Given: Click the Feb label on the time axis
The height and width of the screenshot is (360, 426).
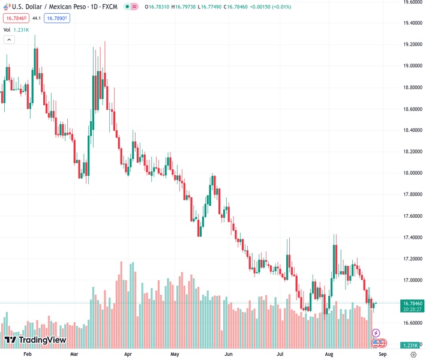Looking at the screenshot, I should pos(27,355).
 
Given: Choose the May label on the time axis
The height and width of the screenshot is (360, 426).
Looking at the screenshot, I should pos(175,355).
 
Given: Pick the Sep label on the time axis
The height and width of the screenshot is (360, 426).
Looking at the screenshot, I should pos(382,355).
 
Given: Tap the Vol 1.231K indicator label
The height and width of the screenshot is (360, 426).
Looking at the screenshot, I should pos(16,29).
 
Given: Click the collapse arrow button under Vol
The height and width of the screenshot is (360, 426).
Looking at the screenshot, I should pos(8,40).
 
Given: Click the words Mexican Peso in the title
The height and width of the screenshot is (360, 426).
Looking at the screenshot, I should pos(75,7).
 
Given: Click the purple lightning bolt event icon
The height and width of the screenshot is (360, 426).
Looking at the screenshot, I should pos(376,333).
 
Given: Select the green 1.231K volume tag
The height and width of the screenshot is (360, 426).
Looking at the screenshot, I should pos(410,345).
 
